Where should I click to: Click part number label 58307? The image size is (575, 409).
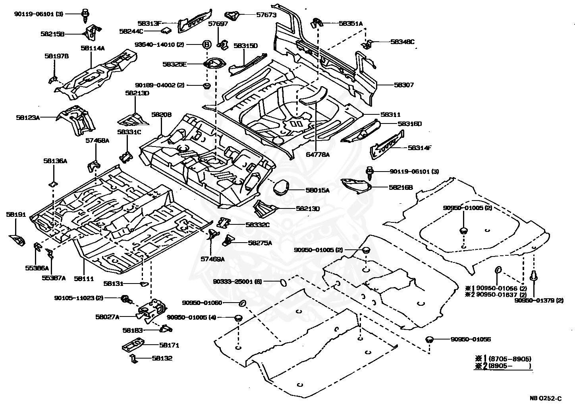pos(404,85)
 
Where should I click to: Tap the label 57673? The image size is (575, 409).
pos(266,15)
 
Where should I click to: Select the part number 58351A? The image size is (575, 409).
pos(351,23)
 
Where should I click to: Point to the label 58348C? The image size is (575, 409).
pos(402,42)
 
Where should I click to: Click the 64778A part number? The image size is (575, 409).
pos(318,154)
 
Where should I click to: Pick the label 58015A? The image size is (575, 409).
pos(318,190)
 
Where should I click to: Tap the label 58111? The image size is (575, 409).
pos(84,278)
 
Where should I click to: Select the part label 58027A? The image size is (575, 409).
pos(107,317)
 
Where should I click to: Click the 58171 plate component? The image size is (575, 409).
pos(133,344)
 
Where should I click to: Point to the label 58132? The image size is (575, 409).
pos(162,358)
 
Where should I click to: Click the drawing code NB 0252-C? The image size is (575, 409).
pos(545,398)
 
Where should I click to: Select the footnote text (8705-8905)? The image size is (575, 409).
pos(510,359)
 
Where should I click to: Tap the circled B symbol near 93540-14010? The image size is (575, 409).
pos(207,44)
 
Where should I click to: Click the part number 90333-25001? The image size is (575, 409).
pos(233,282)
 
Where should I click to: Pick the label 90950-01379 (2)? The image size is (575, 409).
pos(539,300)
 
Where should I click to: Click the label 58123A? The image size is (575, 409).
pos(28,118)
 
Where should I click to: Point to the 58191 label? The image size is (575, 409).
pos(16,214)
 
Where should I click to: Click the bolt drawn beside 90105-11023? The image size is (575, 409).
pos(126,299)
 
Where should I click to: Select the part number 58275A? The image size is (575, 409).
pos(260,243)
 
